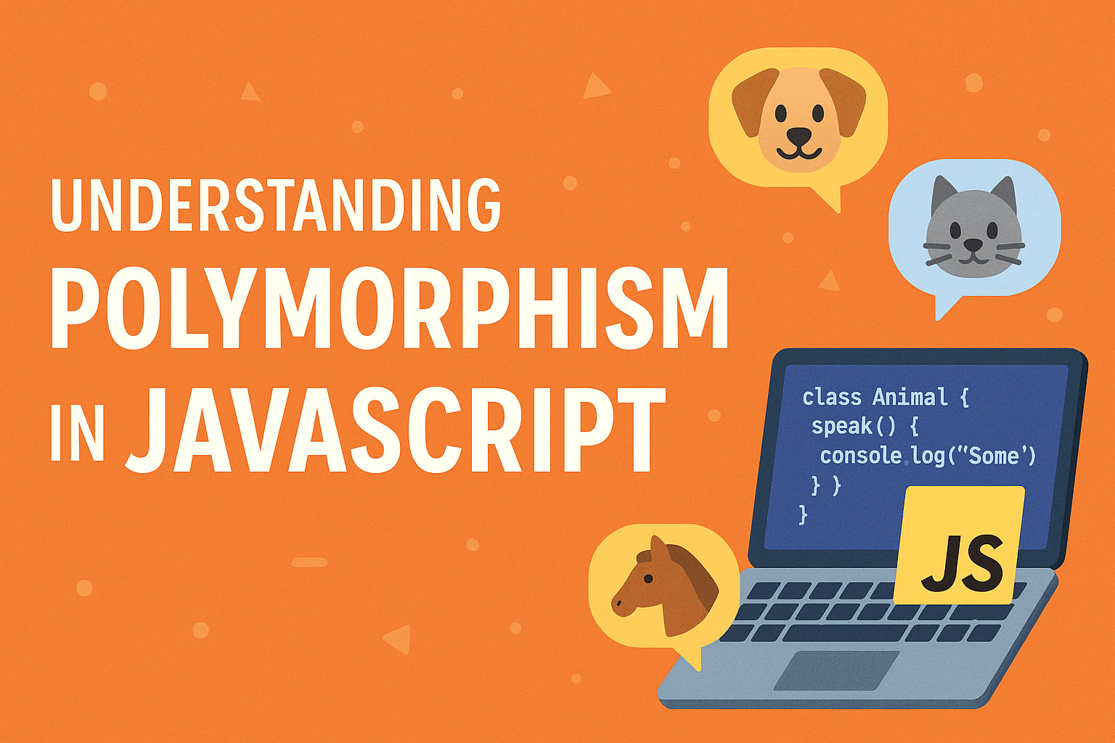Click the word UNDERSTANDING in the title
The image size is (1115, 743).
click(x=276, y=205)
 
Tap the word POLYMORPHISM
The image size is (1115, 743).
click(x=389, y=308)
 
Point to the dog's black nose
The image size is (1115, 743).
click(x=799, y=136)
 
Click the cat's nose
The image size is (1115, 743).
click(x=973, y=245)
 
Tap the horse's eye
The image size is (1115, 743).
click(x=648, y=579)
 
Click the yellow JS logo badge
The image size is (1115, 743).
click(x=959, y=546)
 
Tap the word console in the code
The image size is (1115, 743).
click(x=861, y=456)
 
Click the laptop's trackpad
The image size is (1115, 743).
click(x=837, y=670)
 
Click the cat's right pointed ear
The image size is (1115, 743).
click(x=1005, y=194)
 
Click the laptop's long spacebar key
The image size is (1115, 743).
click(x=843, y=633)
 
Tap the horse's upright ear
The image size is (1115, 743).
click(x=659, y=549)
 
